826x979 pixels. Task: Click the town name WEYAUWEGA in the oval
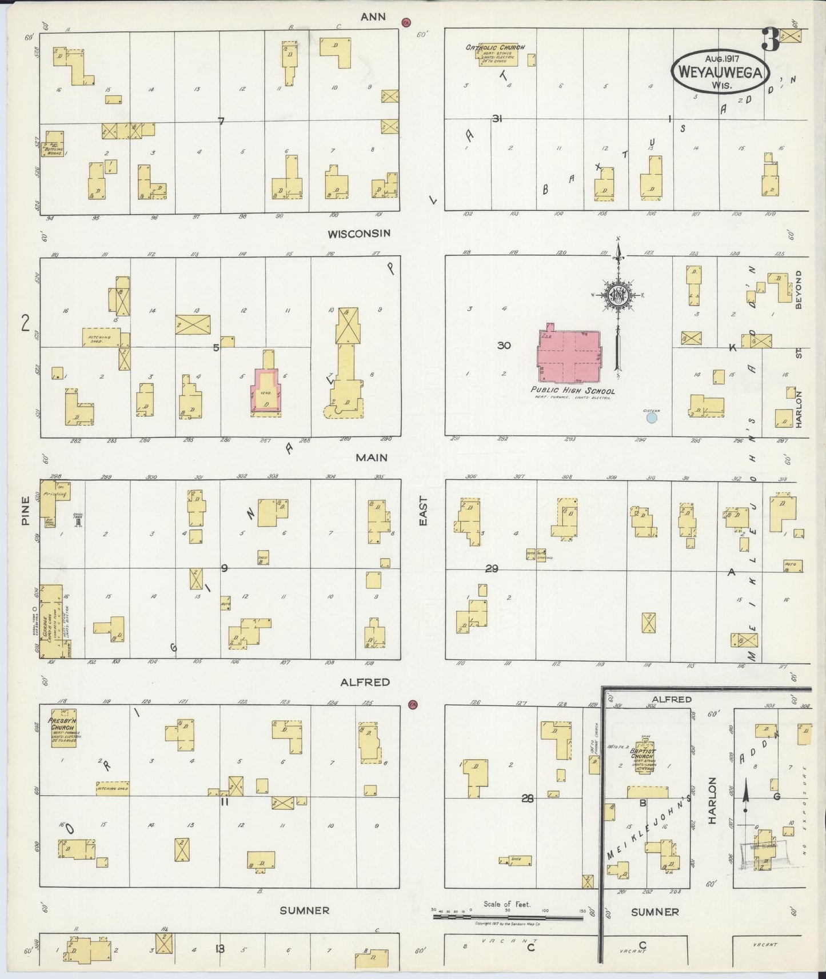pos(720,73)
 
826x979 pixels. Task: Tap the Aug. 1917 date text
pos(719,58)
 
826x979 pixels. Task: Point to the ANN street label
pos(373,17)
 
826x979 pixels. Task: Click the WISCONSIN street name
pos(359,234)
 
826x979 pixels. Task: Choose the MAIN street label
pos(371,458)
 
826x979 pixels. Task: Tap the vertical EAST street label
pos(423,510)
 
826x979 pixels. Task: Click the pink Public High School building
pos(569,355)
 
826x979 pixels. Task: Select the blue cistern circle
pos(651,418)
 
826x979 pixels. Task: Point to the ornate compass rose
pos(618,294)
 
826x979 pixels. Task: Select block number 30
pos(504,345)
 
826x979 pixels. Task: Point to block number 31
pos(497,119)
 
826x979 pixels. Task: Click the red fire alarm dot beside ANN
pos(406,22)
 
